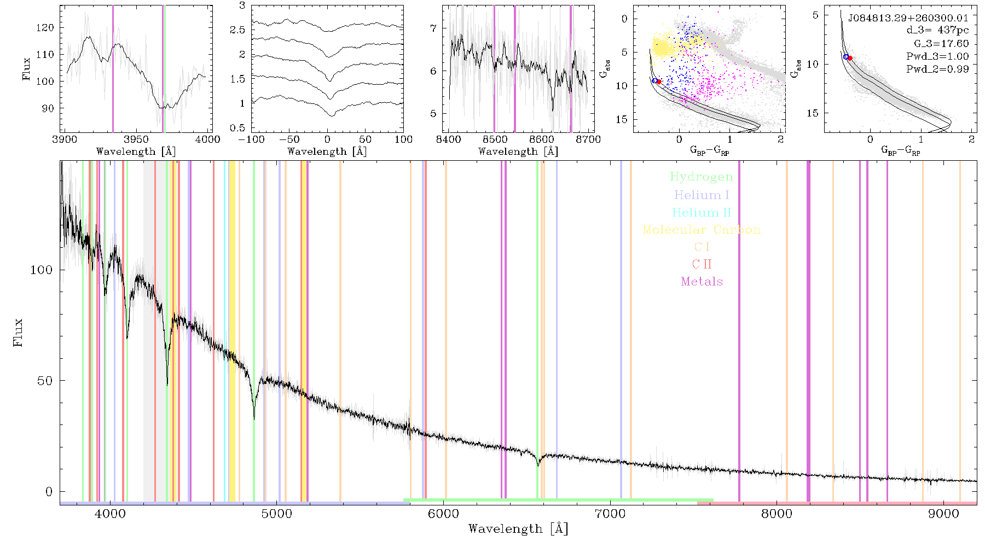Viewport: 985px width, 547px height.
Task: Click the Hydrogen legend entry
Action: [x=701, y=177]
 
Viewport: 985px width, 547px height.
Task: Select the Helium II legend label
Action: [x=702, y=212]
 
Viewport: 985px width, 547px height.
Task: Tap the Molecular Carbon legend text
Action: [x=702, y=230]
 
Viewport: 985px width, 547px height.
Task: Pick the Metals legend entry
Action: [x=702, y=282]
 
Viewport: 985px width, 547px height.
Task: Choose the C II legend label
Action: [x=702, y=264]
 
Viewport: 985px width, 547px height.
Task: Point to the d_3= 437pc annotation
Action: [x=937, y=31]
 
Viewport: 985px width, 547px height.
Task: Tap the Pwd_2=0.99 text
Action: [x=937, y=69]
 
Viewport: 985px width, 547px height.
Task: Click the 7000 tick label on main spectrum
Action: [x=610, y=514]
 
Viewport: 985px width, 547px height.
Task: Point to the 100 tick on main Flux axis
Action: [x=41, y=270]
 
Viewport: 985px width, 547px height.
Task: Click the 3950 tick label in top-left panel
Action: [x=136, y=139]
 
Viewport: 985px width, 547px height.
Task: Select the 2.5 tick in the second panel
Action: [x=238, y=30]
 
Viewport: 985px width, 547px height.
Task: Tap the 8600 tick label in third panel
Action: [x=542, y=139]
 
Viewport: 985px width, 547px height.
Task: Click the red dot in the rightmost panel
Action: [x=850, y=58]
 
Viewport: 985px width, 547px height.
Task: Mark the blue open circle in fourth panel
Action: [x=654, y=81]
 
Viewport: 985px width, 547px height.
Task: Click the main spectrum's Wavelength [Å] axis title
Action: [x=518, y=529]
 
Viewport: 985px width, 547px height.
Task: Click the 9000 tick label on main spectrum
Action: [x=943, y=514]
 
